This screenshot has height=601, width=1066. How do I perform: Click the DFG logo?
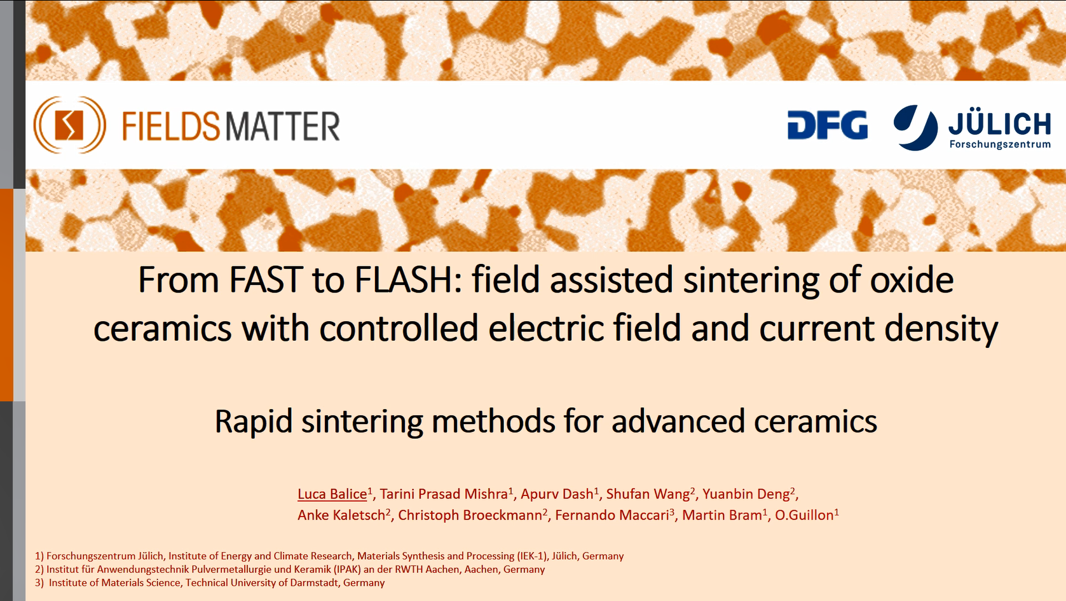point(828,125)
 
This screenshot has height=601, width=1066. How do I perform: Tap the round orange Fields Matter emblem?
point(69,125)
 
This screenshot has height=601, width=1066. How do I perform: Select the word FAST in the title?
point(266,280)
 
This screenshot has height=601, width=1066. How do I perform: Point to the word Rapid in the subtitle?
point(253,422)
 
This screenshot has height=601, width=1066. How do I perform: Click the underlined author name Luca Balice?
point(332,494)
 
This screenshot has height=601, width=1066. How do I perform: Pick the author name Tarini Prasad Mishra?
point(444,494)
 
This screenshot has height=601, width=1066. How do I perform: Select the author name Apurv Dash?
point(557,494)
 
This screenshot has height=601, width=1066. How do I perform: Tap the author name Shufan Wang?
point(648,494)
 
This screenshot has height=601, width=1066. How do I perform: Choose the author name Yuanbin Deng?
point(746,494)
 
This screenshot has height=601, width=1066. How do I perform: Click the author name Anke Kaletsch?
point(341,515)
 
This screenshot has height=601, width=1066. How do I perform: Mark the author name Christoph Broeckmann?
point(470,515)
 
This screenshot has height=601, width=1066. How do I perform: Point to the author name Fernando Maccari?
point(612,515)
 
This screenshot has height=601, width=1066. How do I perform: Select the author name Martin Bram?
point(722,515)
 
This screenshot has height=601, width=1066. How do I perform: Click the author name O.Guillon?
point(804,515)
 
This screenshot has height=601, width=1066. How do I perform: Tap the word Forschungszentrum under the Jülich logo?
point(1000,144)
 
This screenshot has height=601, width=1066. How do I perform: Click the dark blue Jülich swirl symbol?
point(915,127)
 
